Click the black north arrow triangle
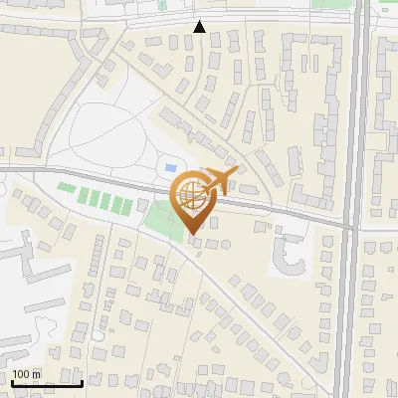[200, 27]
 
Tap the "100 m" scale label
[26, 374]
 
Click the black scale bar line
[47, 383]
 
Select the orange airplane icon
[220, 180]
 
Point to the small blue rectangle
[169, 167]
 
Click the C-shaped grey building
[288, 255]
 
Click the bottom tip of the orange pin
[192, 235]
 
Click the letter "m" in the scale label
[37, 374]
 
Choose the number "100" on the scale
[21, 374]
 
